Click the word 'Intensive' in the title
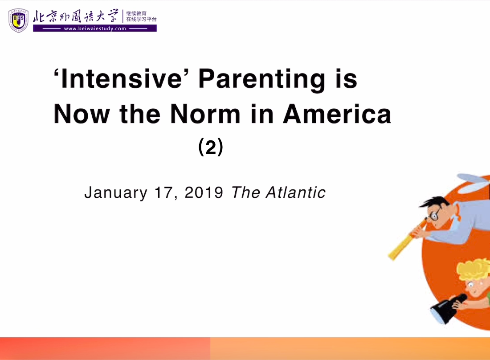pyautogui.click(x=118, y=78)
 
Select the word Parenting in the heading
pyautogui.click(x=261, y=80)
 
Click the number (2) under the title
pyautogui.click(x=211, y=147)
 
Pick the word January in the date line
pyautogui.click(x=116, y=193)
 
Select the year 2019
pyautogui.click(x=204, y=192)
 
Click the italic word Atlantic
pyautogui.click(x=296, y=192)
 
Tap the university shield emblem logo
pyautogui.click(x=18, y=20)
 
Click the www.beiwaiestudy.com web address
pyautogui.click(x=95, y=29)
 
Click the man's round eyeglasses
pyautogui.click(x=434, y=214)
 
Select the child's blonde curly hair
pyautogui.click(x=473, y=270)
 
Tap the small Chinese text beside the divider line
pyautogui.click(x=141, y=16)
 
